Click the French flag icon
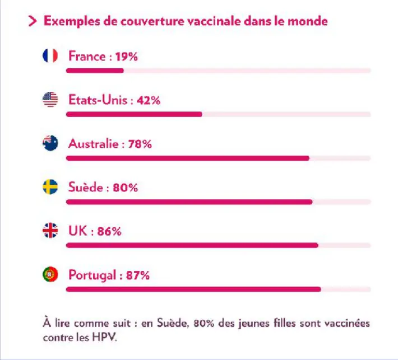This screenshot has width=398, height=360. [50, 56]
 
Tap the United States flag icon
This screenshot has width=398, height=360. [50, 100]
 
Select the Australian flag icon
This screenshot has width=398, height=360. [50, 144]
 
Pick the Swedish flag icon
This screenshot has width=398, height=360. [50, 188]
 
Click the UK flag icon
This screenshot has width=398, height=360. [50, 231]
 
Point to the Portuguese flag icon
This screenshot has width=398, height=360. [50, 275]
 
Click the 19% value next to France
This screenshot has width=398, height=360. [127, 57]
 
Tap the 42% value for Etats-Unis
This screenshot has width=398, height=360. [149, 101]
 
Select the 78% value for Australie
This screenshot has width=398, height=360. [140, 144]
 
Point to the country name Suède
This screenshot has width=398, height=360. [85, 188]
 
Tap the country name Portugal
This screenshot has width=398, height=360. [92, 275]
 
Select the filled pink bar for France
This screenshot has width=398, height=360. [95, 71]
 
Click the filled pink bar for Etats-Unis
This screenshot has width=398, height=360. [134, 114]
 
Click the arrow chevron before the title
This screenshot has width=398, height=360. [33, 22]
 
